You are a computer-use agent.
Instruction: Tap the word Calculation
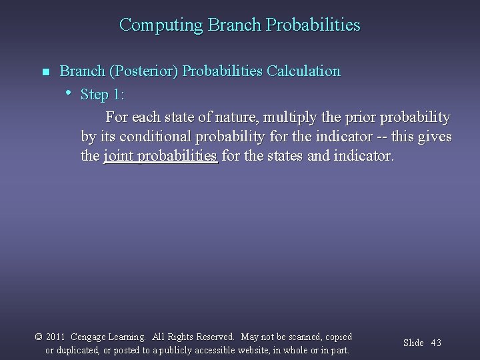(303, 71)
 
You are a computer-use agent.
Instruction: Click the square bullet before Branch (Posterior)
(45, 72)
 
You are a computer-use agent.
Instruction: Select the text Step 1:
(103, 95)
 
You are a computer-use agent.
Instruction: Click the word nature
(233, 117)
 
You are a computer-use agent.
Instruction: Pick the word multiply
(287, 117)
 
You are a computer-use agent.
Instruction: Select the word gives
(435, 137)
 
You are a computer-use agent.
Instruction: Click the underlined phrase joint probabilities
(161, 157)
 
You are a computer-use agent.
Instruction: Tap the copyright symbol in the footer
(39, 337)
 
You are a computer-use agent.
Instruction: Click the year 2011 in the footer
(56, 337)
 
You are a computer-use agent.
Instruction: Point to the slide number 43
(436, 343)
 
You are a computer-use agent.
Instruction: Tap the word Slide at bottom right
(413, 343)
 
